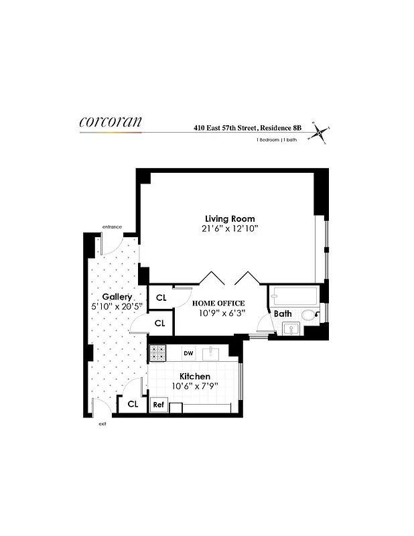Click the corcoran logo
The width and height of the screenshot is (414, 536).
point(110,122)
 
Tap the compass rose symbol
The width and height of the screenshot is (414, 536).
point(321,133)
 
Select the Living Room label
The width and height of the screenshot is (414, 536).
point(230,219)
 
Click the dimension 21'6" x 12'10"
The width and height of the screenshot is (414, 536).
point(230,229)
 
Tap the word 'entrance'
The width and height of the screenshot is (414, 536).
point(111,227)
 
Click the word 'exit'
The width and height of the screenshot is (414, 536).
point(102,423)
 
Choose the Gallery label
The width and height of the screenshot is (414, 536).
point(117,297)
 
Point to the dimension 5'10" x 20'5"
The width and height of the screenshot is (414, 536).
point(117,307)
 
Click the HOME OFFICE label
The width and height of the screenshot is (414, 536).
point(218,303)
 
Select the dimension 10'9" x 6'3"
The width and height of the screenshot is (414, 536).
point(218,312)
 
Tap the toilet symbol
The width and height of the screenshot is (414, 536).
point(309,315)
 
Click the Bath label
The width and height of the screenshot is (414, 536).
point(283,313)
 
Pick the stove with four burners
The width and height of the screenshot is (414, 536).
point(157,352)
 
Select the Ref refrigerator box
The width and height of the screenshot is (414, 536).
point(159,405)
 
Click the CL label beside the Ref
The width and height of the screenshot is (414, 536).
point(133,404)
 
